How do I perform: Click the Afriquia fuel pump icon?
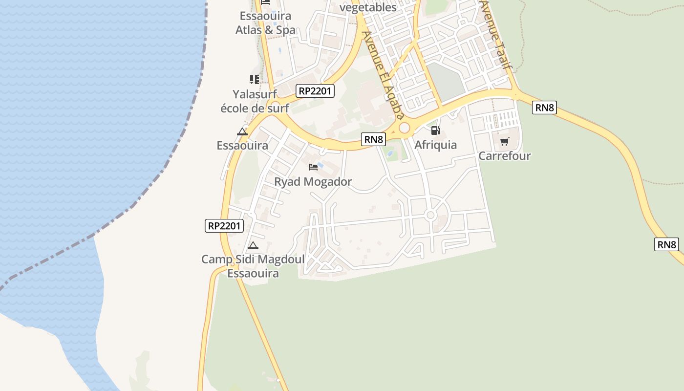tap(435, 130)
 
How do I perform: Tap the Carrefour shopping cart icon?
tap(504, 142)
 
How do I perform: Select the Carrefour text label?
tap(504, 156)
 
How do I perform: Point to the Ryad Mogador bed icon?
tap(313, 167)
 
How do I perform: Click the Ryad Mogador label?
tap(313, 182)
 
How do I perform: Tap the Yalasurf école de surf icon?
tap(254, 79)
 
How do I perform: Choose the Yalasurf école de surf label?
tap(255, 101)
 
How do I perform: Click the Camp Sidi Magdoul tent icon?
tap(253, 245)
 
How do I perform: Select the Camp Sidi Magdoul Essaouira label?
tap(253, 266)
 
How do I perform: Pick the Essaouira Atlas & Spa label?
tap(265, 22)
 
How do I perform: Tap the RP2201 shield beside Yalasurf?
tap(315, 90)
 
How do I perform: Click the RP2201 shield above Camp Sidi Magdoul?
tap(224, 225)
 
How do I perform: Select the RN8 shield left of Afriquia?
tap(374, 139)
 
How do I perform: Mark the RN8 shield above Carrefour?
tap(545, 108)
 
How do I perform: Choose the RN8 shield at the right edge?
tap(666, 244)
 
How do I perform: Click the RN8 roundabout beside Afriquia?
tap(404, 128)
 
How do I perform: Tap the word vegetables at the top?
tap(368, 7)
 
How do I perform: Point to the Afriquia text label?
tap(435, 145)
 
